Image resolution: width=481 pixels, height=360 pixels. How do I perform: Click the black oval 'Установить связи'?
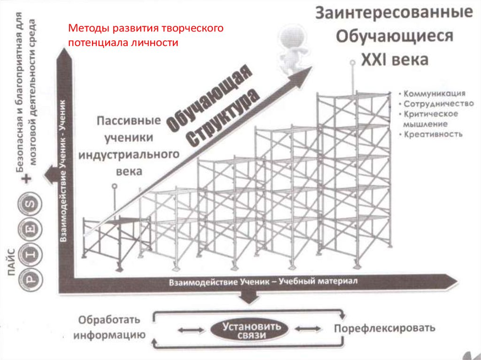(x=252, y=330)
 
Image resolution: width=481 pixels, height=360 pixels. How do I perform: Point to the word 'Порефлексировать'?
(x=384, y=327)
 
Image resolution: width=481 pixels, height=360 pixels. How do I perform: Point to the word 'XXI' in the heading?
(x=375, y=60)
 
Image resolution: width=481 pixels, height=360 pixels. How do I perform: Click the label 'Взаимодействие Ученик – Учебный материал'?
(x=263, y=282)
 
